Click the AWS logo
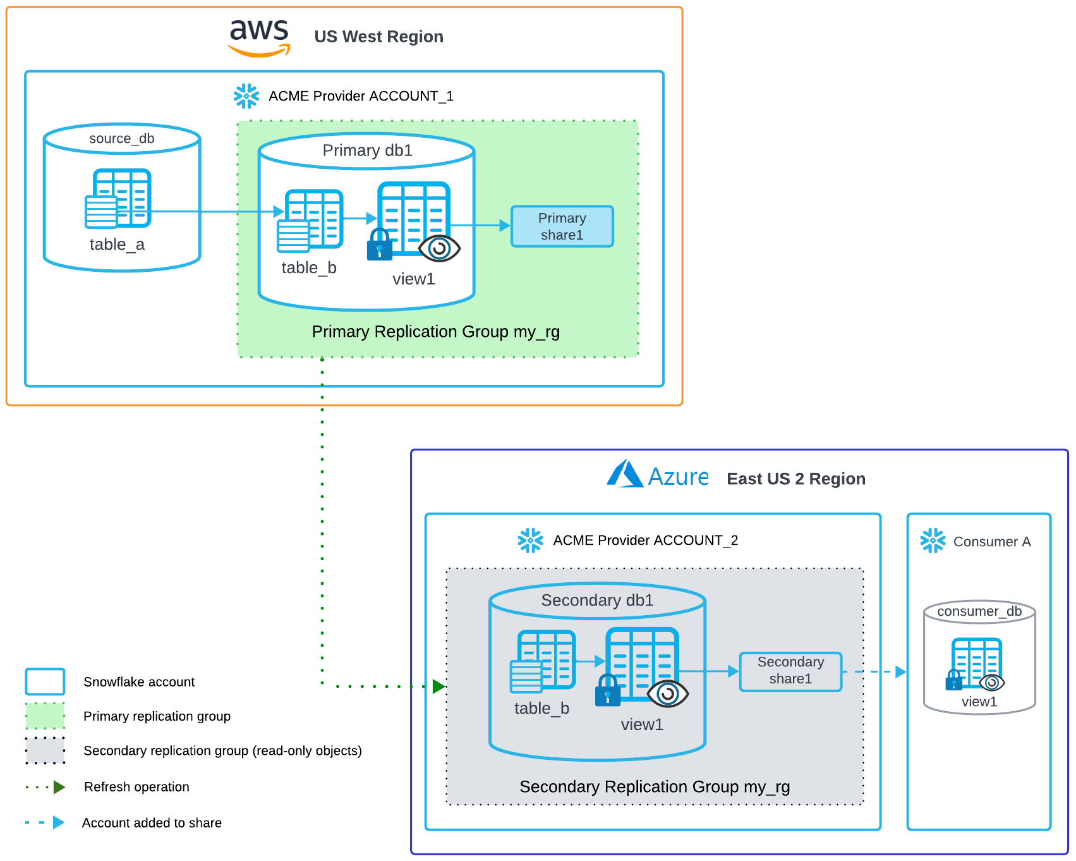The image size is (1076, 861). click(x=259, y=37)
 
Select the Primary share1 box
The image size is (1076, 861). click(x=562, y=226)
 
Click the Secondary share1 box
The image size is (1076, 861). click(x=790, y=671)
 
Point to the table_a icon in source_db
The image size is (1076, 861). click(x=118, y=198)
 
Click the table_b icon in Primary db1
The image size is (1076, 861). click(x=310, y=220)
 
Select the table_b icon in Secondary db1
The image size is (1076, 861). click(x=543, y=661)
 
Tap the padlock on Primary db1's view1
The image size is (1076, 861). click(x=379, y=245)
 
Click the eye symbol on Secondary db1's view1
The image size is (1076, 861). click(x=668, y=693)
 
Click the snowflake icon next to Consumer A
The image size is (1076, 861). click(x=933, y=541)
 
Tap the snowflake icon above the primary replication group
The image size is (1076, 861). click(x=246, y=96)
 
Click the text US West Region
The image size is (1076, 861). click(x=378, y=37)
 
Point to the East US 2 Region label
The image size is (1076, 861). click(x=796, y=479)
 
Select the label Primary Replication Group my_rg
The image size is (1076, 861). click(x=435, y=332)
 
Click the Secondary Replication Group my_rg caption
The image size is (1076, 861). click(x=655, y=786)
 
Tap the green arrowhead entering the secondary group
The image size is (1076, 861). click(x=438, y=686)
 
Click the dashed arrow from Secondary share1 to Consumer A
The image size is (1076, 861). click(x=875, y=672)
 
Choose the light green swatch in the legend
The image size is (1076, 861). click(x=45, y=716)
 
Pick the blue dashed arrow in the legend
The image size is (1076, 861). click(x=45, y=822)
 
